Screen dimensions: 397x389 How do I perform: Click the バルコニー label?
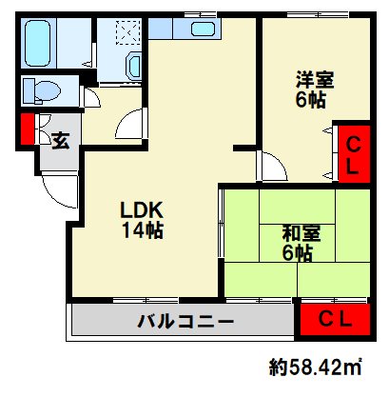pyautogui.click(x=186, y=321)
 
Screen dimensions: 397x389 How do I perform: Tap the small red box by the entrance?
pyautogui.click(x=28, y=129)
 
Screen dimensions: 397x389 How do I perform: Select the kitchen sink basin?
pyautogui.click(x=204, y=29)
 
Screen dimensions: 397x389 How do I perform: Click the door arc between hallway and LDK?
pyautogui.click(x=128, y=125)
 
